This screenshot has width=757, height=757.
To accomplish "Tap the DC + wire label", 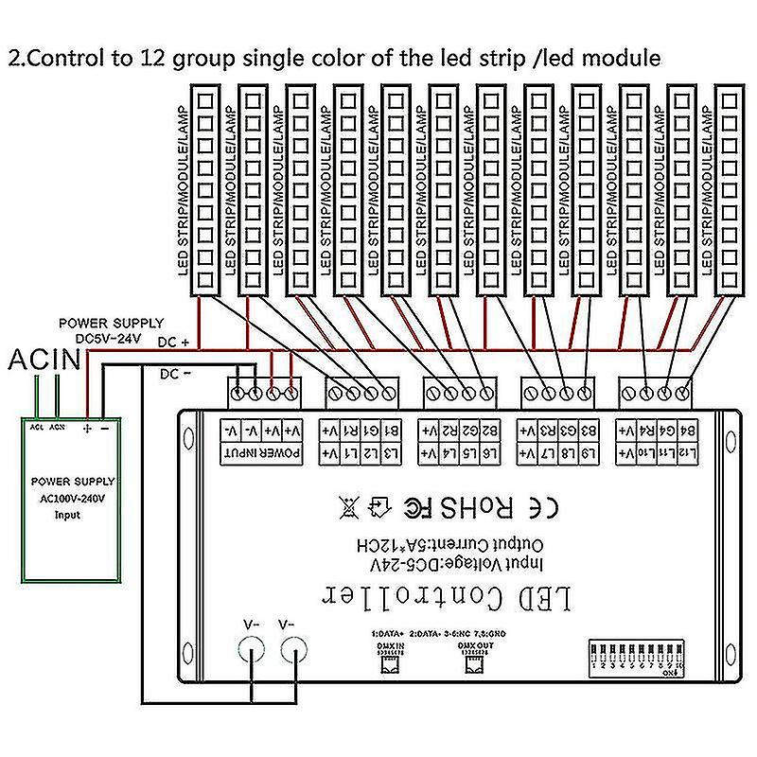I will [x=174, y=342].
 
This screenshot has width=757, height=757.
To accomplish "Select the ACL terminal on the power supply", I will [x=37, y=427].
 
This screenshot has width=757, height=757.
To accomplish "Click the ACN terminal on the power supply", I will [x=60, y=427].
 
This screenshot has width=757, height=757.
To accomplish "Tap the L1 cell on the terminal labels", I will [x=350, y=454].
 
